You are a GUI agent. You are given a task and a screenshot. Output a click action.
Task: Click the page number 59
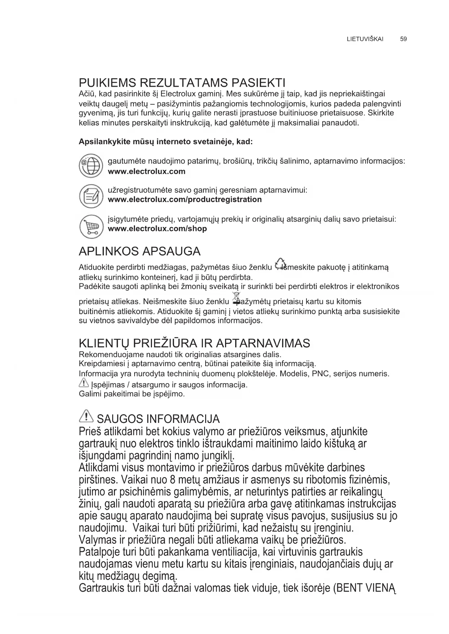pyautogui.click(x=404, y=39)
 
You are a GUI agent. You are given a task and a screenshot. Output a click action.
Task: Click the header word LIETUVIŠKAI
pyautogui.click(x=365, y=39)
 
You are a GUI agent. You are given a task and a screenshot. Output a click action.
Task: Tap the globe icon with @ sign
pyautogui.click(x=91, y=166)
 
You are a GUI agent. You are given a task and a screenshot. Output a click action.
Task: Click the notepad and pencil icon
pyautogui.click(x=91, y=196)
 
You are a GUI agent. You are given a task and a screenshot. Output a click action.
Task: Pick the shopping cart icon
pyautogui.click(x=91, y=226)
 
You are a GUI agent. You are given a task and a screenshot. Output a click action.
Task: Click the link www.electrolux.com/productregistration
pyautogui.click(x=185, y=200)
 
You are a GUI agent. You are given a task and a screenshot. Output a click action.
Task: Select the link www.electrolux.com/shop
pyautogui.click(x=157, y=229)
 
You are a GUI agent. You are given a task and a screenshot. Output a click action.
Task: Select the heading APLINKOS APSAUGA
pyautogui.click(x=139, y=251)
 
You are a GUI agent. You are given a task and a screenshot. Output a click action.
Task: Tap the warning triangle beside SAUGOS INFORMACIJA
pyautogui.click(x=86, y=417)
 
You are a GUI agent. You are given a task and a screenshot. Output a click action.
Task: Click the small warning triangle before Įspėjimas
pyautogui.click(x=83, y=383)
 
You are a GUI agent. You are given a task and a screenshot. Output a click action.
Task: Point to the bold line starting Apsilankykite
pyautogui.click(x=165, y=141)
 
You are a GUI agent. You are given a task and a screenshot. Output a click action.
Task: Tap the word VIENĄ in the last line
pyautogui.click(x=381, y=588)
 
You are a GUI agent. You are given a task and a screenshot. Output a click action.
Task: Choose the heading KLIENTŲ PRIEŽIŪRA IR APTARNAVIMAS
pyautogui.click(x=194, y=343)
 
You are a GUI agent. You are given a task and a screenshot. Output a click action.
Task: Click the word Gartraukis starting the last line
pyautogui.click(x=102, y=588)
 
